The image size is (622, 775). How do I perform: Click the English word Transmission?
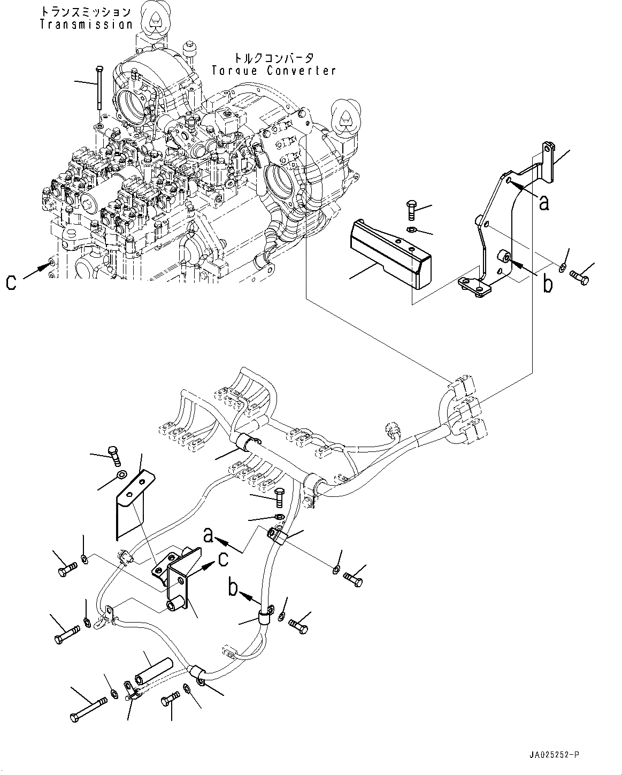86,25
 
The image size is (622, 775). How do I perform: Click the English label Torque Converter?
274,71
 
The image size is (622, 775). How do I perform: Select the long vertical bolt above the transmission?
99,88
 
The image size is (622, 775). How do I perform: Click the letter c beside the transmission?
11,283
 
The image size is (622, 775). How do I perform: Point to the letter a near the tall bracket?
544,203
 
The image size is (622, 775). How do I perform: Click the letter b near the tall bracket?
548,283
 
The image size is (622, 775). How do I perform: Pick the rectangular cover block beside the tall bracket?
390,254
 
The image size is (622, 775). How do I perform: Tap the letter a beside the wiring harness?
209,545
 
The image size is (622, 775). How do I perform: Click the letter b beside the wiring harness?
234,588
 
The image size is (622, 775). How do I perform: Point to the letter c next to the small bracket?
224,559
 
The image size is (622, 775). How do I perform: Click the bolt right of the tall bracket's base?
580,278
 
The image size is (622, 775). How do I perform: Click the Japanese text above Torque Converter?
274,58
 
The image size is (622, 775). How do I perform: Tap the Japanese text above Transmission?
86,12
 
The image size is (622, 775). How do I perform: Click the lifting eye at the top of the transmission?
155,21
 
